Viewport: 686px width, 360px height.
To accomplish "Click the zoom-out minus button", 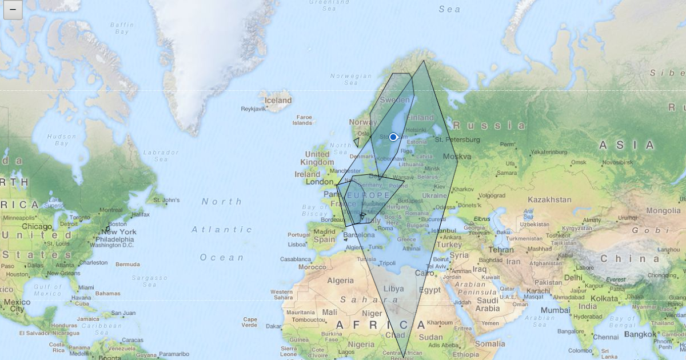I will coord(13,10).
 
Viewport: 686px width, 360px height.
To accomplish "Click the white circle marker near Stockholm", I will coord(393,137).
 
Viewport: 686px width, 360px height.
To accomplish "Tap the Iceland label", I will coord(278,101).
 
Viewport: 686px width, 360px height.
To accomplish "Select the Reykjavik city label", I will coord(253,109).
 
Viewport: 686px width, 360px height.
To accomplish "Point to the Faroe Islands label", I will coord(302,119).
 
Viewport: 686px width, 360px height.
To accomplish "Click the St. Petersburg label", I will coord(457,140).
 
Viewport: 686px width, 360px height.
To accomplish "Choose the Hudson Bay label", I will coord(62,139).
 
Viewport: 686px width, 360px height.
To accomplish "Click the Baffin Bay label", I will coord(122,29).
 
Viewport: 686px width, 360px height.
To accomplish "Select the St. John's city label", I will coord(166,200).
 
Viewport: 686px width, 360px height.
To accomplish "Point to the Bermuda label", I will coord(127,264).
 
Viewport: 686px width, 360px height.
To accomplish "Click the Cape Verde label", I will coord(250,322).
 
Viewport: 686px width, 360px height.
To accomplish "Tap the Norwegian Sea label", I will coord(352,79).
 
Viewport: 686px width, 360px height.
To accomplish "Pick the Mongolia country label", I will coord(663,210).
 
